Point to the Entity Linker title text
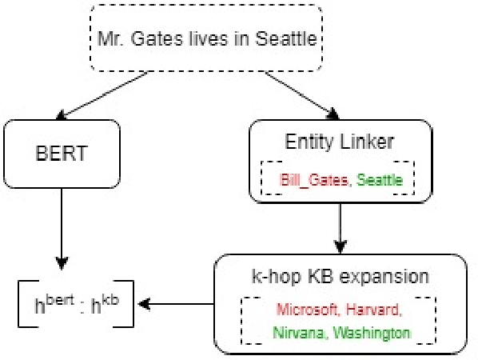(341, 142)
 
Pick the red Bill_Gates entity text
(314, 180)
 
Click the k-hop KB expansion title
(340, 277)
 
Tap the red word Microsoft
(305, 310)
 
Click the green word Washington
(369, 331)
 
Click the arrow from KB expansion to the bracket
(176, 304)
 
